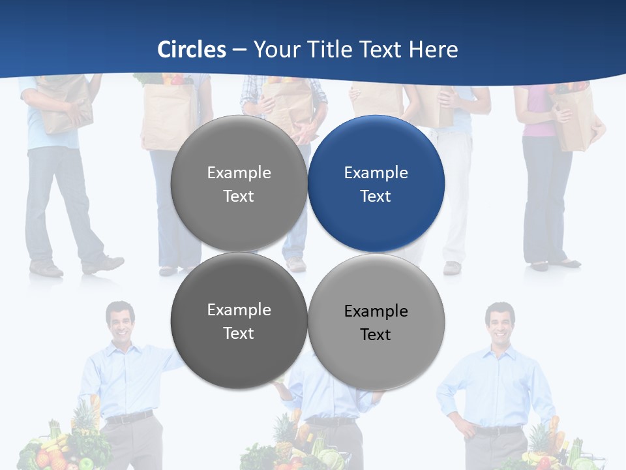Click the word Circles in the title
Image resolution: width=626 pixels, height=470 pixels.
point(192,50)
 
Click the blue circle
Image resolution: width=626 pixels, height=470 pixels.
point(376,183)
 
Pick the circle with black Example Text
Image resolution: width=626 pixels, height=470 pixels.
point(376,322)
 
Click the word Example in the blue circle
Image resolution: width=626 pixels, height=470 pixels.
point(376,173)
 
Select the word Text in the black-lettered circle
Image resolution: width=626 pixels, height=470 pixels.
point(376,334)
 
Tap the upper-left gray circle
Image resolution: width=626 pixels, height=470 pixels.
point(239,183)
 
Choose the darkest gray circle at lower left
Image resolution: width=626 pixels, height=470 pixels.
point(239,321)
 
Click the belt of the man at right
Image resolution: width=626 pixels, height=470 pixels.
point(499,430)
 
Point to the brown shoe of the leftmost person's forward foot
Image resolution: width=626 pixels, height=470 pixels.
point(104,264)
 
